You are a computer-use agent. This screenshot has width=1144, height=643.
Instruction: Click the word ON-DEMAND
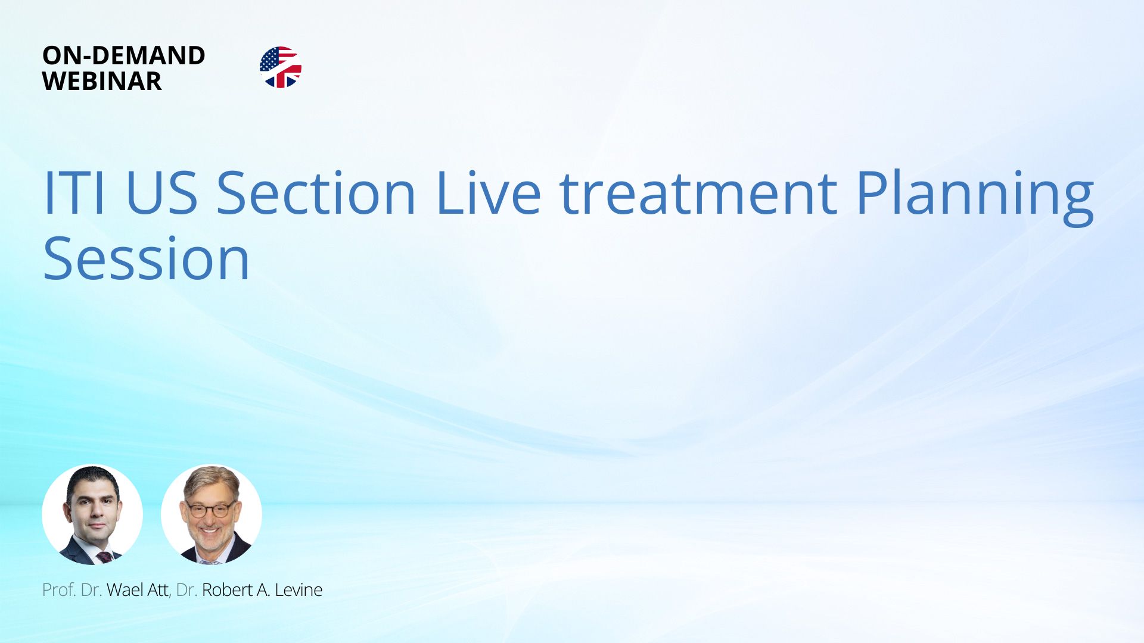pos(124,55)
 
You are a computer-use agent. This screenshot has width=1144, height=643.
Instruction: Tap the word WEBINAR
pos(102,81)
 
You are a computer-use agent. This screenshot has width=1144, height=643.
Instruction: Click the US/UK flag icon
pos(281,67)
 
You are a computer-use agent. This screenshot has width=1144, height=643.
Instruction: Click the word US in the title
pos(161,193)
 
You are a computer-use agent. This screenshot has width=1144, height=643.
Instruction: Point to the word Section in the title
pos(316,193)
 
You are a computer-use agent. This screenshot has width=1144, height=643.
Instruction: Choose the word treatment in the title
pos(698,193)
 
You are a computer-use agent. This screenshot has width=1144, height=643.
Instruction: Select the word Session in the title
pos(147,258)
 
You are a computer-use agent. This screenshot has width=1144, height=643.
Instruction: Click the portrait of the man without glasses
pos(92,514)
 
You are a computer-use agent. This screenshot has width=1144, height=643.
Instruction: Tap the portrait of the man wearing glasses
pos(212,514)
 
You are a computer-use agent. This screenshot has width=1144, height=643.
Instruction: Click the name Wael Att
pos(138,590)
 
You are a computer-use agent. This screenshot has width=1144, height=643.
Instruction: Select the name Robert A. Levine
pos(262,590)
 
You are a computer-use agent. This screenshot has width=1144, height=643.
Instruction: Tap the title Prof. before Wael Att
pos(59,590)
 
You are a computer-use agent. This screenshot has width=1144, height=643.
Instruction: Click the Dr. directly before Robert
pos(186,590)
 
